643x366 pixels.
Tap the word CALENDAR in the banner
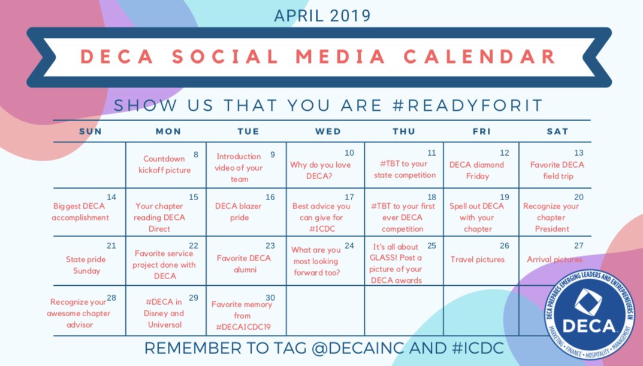479,56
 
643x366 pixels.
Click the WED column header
328,131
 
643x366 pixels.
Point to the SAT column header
557,131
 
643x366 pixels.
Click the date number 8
196,154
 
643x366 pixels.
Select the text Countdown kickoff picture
167,164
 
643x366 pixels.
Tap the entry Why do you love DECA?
321,170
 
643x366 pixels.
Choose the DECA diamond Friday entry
476,170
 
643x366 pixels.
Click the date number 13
578,153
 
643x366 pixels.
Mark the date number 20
578,196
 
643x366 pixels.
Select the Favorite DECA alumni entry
244,264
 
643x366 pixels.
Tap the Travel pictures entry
478,259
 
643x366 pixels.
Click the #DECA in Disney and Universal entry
164,313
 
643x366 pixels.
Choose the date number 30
270,298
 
